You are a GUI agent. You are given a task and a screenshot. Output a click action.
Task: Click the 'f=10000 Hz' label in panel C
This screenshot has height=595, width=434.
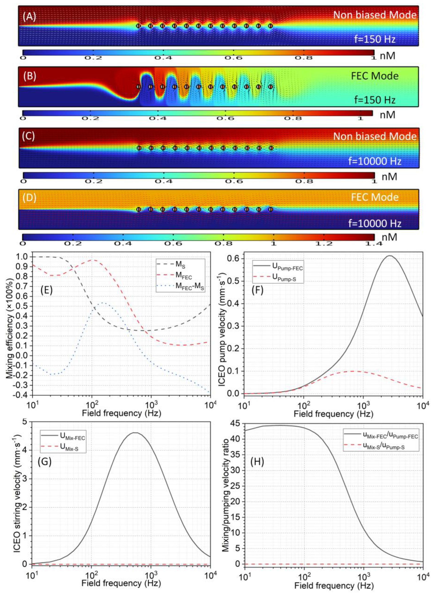[x=375, y=161]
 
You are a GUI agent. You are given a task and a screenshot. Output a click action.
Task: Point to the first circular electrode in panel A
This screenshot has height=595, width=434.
[x=139, y=26]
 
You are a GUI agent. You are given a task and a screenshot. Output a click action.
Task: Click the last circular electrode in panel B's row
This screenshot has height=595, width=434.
[x=271, y=87]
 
